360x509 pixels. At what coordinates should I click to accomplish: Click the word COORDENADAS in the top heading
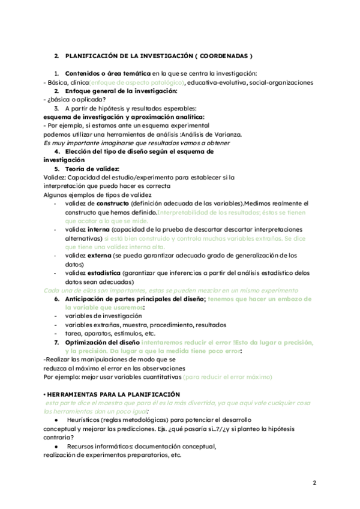[x=225, y=55]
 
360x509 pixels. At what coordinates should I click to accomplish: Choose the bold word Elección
[x=83, y=152]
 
